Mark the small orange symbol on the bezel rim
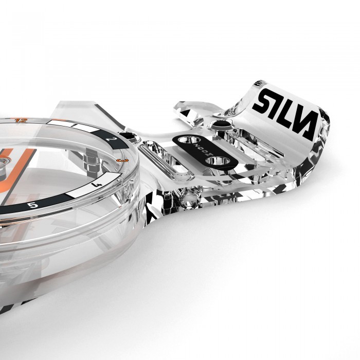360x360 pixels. coord(120,160)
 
